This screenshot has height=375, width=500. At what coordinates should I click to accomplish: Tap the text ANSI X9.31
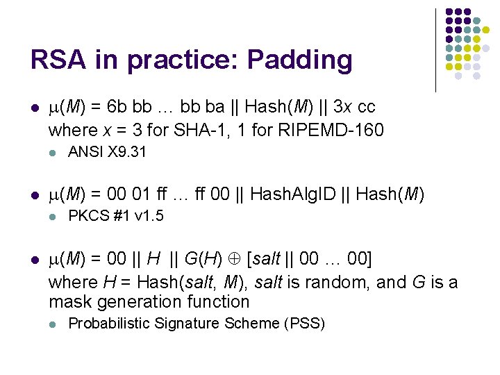tap(107, 151)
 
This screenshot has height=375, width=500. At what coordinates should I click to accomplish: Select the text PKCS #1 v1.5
tap(115, 215)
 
